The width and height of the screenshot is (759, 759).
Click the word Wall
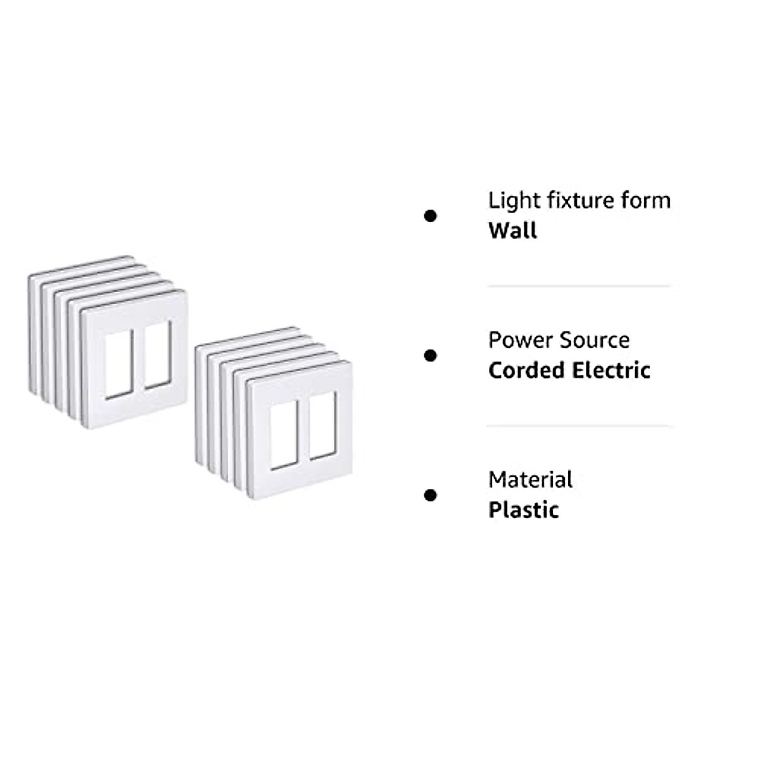pyautogui.click(x=512, y=230)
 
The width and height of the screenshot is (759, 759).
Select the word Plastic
pyautogui.click(x=523, y=510)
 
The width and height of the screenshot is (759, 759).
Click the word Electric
pyautogui.click(x=612, y=370)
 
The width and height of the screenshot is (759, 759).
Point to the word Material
pyautogui.click(x=530, y=479)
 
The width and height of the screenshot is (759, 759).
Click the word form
pyautogui.click(x=643, y=201)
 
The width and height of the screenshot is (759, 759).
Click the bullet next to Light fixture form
pyautogui.click(x=430, y=216)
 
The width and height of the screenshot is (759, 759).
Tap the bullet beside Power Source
pyautogui.click(x=430, y=355)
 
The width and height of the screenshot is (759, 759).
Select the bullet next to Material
pyautogui.click(x=430, y=495)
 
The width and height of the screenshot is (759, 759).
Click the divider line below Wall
pyautogui.click(x=578, y=286)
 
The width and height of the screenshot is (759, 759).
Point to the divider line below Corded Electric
pyautogui.click(x=578, y=426)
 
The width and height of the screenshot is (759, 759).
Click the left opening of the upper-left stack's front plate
pyautogui.click(x=118, y=365)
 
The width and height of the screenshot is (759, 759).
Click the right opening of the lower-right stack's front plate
pyautogui.click(x=323, y=424)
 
